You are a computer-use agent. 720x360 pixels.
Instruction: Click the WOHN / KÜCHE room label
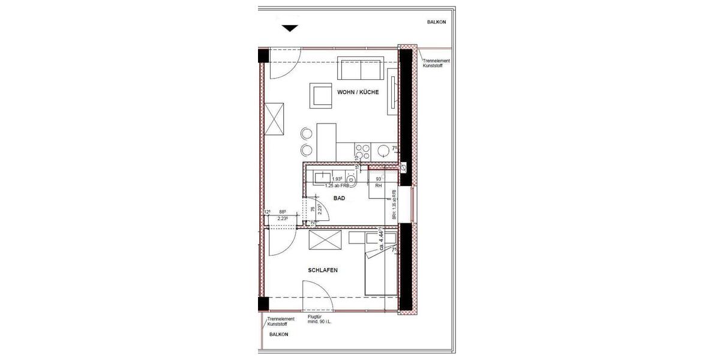point(358,92)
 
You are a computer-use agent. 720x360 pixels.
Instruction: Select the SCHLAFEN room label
point(323,271)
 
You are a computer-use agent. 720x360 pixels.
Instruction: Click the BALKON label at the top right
point(436,22)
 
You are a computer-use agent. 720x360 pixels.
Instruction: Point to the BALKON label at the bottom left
point(279,334)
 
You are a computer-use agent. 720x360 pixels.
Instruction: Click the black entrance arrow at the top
point(290,28)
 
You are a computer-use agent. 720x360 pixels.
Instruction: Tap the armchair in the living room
point(322,95)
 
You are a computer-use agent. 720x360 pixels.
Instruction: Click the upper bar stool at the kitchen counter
point(307,132)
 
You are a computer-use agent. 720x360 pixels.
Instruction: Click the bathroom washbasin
point(320,178)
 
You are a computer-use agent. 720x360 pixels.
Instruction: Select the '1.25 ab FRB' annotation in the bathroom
point(337,186)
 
